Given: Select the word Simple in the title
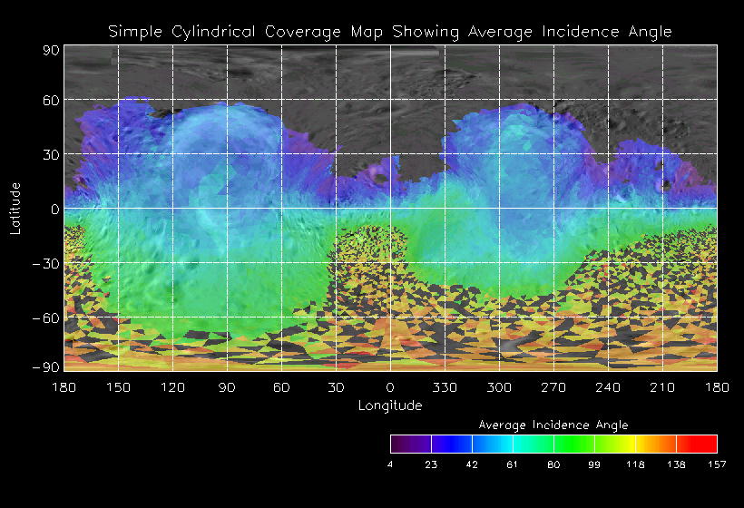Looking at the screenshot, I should click(132, 31).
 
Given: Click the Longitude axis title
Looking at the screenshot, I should click(390, 405).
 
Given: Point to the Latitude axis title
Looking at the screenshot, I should click(15, 208).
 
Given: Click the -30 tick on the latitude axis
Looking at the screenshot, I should click(47, 264).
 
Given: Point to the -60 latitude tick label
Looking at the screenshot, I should click(47, 318).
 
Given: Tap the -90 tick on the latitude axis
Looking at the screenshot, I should click(47, 366).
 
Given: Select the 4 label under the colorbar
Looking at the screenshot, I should click(390, 464).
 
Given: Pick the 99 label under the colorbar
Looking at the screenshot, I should click(594, 464).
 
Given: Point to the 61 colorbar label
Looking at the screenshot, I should click(513, 464).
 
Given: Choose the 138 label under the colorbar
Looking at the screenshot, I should click(676, 464).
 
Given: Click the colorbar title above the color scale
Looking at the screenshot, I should click(553, 425).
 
